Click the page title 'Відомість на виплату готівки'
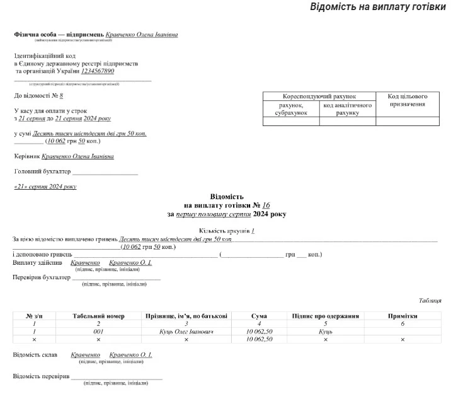pos(377,8)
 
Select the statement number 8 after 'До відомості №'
pos(61,96)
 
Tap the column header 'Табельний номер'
pos(98,316)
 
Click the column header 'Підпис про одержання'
pos(325,316)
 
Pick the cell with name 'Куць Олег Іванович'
pos(186,332)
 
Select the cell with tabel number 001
pos(98,332)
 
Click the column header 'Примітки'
pos(402,316)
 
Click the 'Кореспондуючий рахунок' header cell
pos(319,96)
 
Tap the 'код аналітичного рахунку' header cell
pos(348,109)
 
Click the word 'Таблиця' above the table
pos(430,301)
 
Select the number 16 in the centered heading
pos(266,206)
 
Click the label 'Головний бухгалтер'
pos(42,171)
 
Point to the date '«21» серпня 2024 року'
pos(45,187)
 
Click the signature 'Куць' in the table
pos(325,332)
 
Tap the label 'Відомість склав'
pos(35,355)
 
